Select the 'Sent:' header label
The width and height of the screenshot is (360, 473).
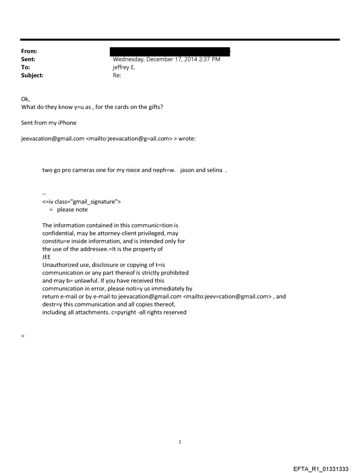[x=28, y=59]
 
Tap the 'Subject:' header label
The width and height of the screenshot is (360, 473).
[x=32, y=75]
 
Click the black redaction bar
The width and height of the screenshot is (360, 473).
[x=171, y=52]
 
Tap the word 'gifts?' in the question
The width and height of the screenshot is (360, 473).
[x=154, y=107]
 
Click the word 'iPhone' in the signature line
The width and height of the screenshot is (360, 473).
[x=67, y=123]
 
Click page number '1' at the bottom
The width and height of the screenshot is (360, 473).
[x=180, y=442]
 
